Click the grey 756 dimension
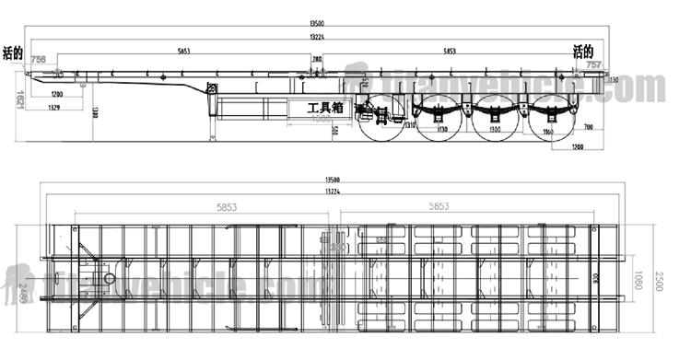tap(38, 60)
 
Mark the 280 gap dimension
tap(317, 60)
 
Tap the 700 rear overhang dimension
tap(588, 125)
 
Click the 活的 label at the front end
tap(13, 52)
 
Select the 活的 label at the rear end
tap(583, 51)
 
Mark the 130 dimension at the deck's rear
tap(614, 80)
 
